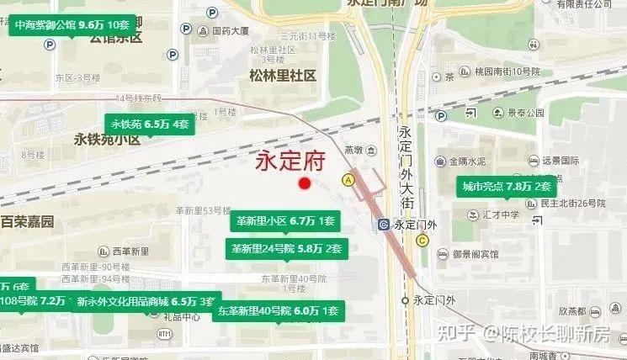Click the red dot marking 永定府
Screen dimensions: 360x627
pyautogui.click(x=305, y=183)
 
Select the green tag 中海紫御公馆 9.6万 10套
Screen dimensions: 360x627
pyautogui.click(x=72, y=25)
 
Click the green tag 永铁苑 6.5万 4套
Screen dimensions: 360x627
pyautogui.click(x=150, y=124)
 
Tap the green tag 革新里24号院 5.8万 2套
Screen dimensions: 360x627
pyautogui.click(x=286, y=248)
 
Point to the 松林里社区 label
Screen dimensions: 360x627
pyautogui.click(x=283, y=76)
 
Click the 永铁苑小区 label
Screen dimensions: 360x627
pyautogui.click(x=107, y=140)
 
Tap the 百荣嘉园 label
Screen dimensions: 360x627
pyautogui.click(x=27, y=222)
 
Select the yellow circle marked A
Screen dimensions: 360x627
pyautogui.click(x=348, y=179)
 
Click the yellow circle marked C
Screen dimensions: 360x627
pyautogui.click(x=422, y=240)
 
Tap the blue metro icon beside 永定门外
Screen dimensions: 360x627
pyautogui.click(x=384, y=225)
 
